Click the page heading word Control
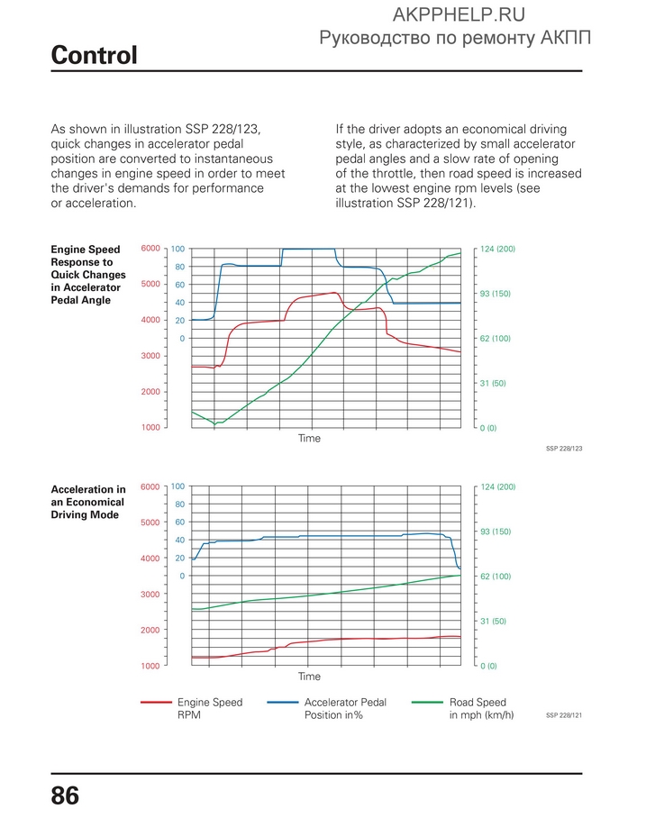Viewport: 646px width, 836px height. pyautogui.click(x=94, y=55)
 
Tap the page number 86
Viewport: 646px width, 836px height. pyautogui.click(x=65, y=795)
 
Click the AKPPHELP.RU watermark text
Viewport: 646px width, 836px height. pyautogui.click(x=459, y=15)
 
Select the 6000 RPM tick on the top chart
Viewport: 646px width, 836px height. pyautogui.click(x=150, y=249)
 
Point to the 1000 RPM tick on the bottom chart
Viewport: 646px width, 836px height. pyautogui.click(x=150, y=666)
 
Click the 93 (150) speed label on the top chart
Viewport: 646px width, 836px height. pyautogui.click(x=495, y=294)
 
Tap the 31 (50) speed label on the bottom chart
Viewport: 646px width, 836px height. pyautogui.click(x=493, y=621)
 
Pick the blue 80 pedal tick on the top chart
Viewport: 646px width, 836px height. pyautogui.click(x=180, y=268)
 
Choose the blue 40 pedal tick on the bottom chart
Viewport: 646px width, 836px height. pyautogui.click(x=180, y=541)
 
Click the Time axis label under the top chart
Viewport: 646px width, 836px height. pyautogui.click(x=309, y=438)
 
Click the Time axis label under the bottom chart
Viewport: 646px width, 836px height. pyautogui.click(x=309, y=677)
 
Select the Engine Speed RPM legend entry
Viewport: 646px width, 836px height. pyautogui.click(x=192, y=709)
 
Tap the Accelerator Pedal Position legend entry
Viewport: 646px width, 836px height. pyautogui.click(x=327, y=709)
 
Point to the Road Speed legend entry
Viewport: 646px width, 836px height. pyautogui.click(x=463, y=709)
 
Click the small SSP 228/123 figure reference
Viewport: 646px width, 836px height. pyautogui.click(x=564, y=449)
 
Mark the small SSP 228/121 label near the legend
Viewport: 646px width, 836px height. pyautogui.click(x=564, y=715)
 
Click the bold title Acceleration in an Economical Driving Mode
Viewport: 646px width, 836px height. pyautogui.click(x=88, y=503)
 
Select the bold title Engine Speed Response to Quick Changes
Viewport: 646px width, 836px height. pyautogui.click(x=88, y=275)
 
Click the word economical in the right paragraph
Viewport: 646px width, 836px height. pyautogui.click(x=494, y=129)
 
